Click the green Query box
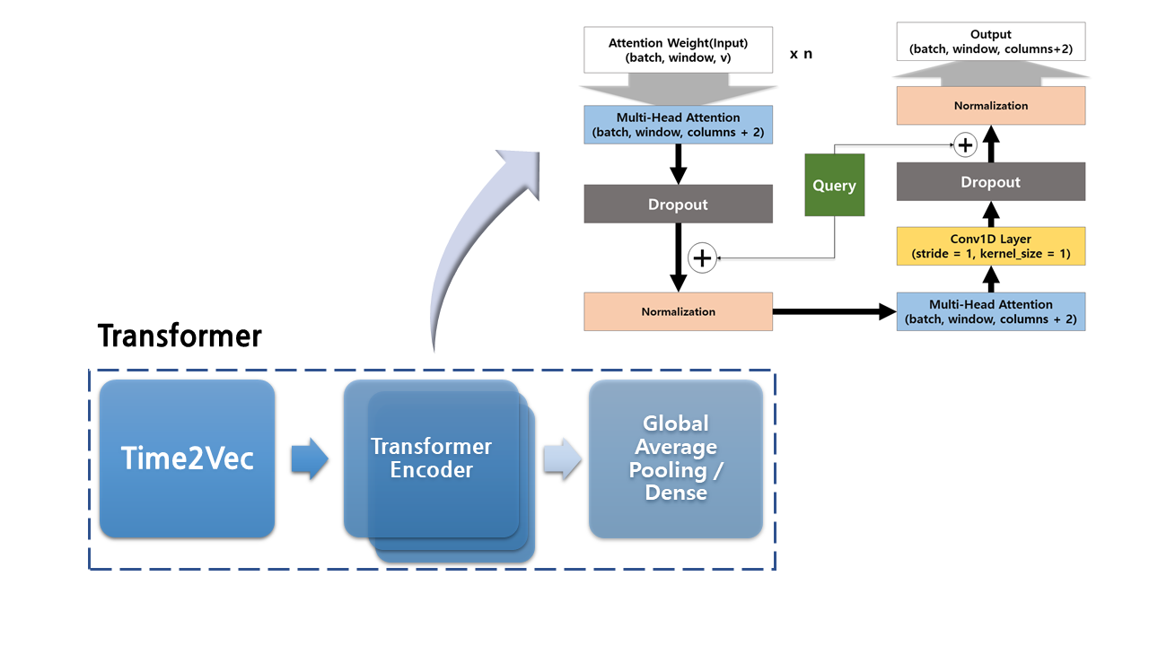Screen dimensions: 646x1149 point(834,185)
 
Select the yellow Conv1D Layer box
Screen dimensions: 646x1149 point(990,246)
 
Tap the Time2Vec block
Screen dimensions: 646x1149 point(187,458)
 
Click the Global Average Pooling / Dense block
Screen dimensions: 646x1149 point(675,458)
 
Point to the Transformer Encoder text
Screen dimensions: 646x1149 point(432,458)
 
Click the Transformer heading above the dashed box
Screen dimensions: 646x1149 point(180,336)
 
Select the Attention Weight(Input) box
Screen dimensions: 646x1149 point(678,49)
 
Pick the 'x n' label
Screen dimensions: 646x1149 point(801,54)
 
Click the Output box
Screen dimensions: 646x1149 point(990,42)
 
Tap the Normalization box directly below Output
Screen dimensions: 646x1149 point(990,106)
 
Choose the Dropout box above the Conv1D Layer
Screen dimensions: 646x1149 point(990,182)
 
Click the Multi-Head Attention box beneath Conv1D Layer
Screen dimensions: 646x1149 point(990,311)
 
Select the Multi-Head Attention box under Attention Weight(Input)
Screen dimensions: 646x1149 point(678,125)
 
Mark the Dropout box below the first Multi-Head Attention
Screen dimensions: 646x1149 point(678,204)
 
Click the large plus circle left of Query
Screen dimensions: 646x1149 point(702,258)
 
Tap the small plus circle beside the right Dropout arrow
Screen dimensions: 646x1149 point(964,144)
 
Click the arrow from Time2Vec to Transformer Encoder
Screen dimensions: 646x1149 point(310,459)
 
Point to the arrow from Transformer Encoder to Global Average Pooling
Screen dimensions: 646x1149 point(562,459)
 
